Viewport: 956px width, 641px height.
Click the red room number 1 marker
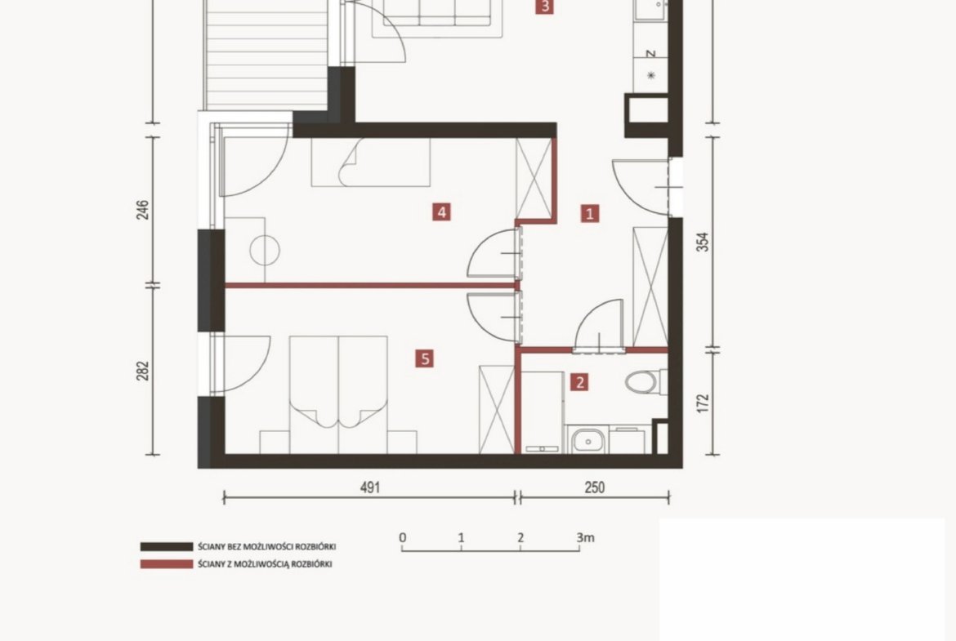click(x=590, y=213)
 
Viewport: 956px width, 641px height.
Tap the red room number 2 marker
click(x=579, y=382)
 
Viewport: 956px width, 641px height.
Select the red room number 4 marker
click(x=441, y=212)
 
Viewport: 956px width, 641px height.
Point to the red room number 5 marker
click(x=424, y=358)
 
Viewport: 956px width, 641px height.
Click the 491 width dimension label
click(x=370, y=487)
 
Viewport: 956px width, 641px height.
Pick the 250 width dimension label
click(x=595, y=487)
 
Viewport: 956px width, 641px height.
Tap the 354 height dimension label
click(x=703, y=242)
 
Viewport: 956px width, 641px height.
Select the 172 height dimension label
click(x=703, y=403)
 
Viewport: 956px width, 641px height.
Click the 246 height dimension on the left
click(x=143, y=210)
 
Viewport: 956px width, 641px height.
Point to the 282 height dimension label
click(x=143, y=371)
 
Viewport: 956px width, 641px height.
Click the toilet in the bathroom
click(x=645, y=382)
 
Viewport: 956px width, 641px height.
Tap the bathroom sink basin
click(x=587, y=440)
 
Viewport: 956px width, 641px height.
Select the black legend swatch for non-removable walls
click(x=167, y=546)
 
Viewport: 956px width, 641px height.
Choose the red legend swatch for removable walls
click(x=167, y=564)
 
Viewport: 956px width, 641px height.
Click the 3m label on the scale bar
click(x=585, y=537)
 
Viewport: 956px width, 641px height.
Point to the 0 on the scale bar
click(x=402, y=537)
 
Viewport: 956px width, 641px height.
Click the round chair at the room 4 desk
click(x=266, y=251)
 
